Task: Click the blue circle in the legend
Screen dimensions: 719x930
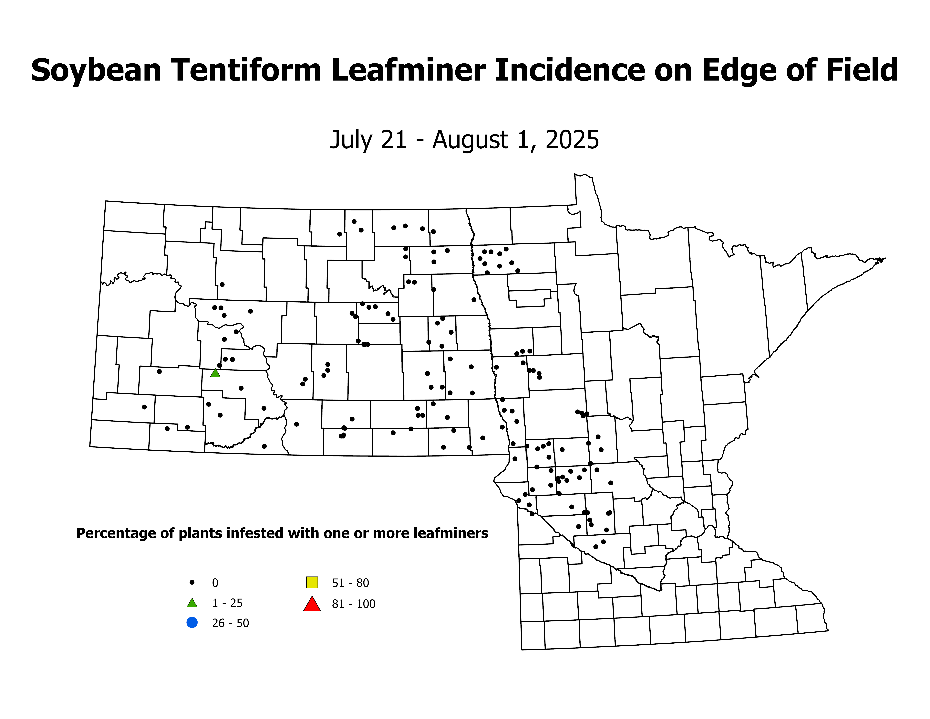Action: (192, 623)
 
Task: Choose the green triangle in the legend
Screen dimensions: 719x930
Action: (192, 603)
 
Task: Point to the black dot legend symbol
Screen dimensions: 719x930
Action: (192, 582)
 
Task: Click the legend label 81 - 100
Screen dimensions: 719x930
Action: (353, 604)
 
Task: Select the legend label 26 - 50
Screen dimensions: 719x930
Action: (230, 623)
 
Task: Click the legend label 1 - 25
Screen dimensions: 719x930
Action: (227, 603)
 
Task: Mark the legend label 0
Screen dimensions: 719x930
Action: (215, 583)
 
